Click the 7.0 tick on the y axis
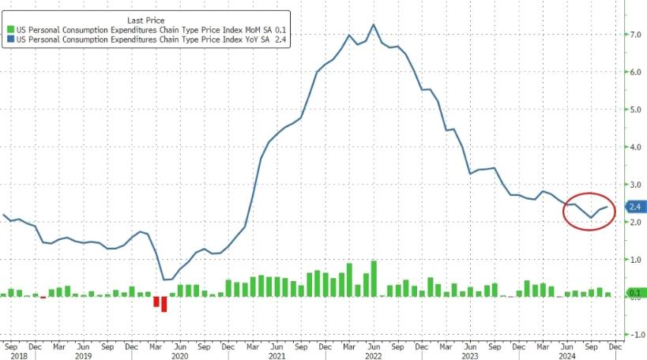pos(634,35)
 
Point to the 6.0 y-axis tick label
pos(634,72)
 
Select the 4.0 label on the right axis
pos(634,147)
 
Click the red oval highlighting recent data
pos(589,211)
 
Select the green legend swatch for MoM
pos(9,29)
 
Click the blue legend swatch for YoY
pos(9,39)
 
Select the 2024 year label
pos(566,355)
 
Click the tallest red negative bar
pos(164,304)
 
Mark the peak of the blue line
pos(373,24)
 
